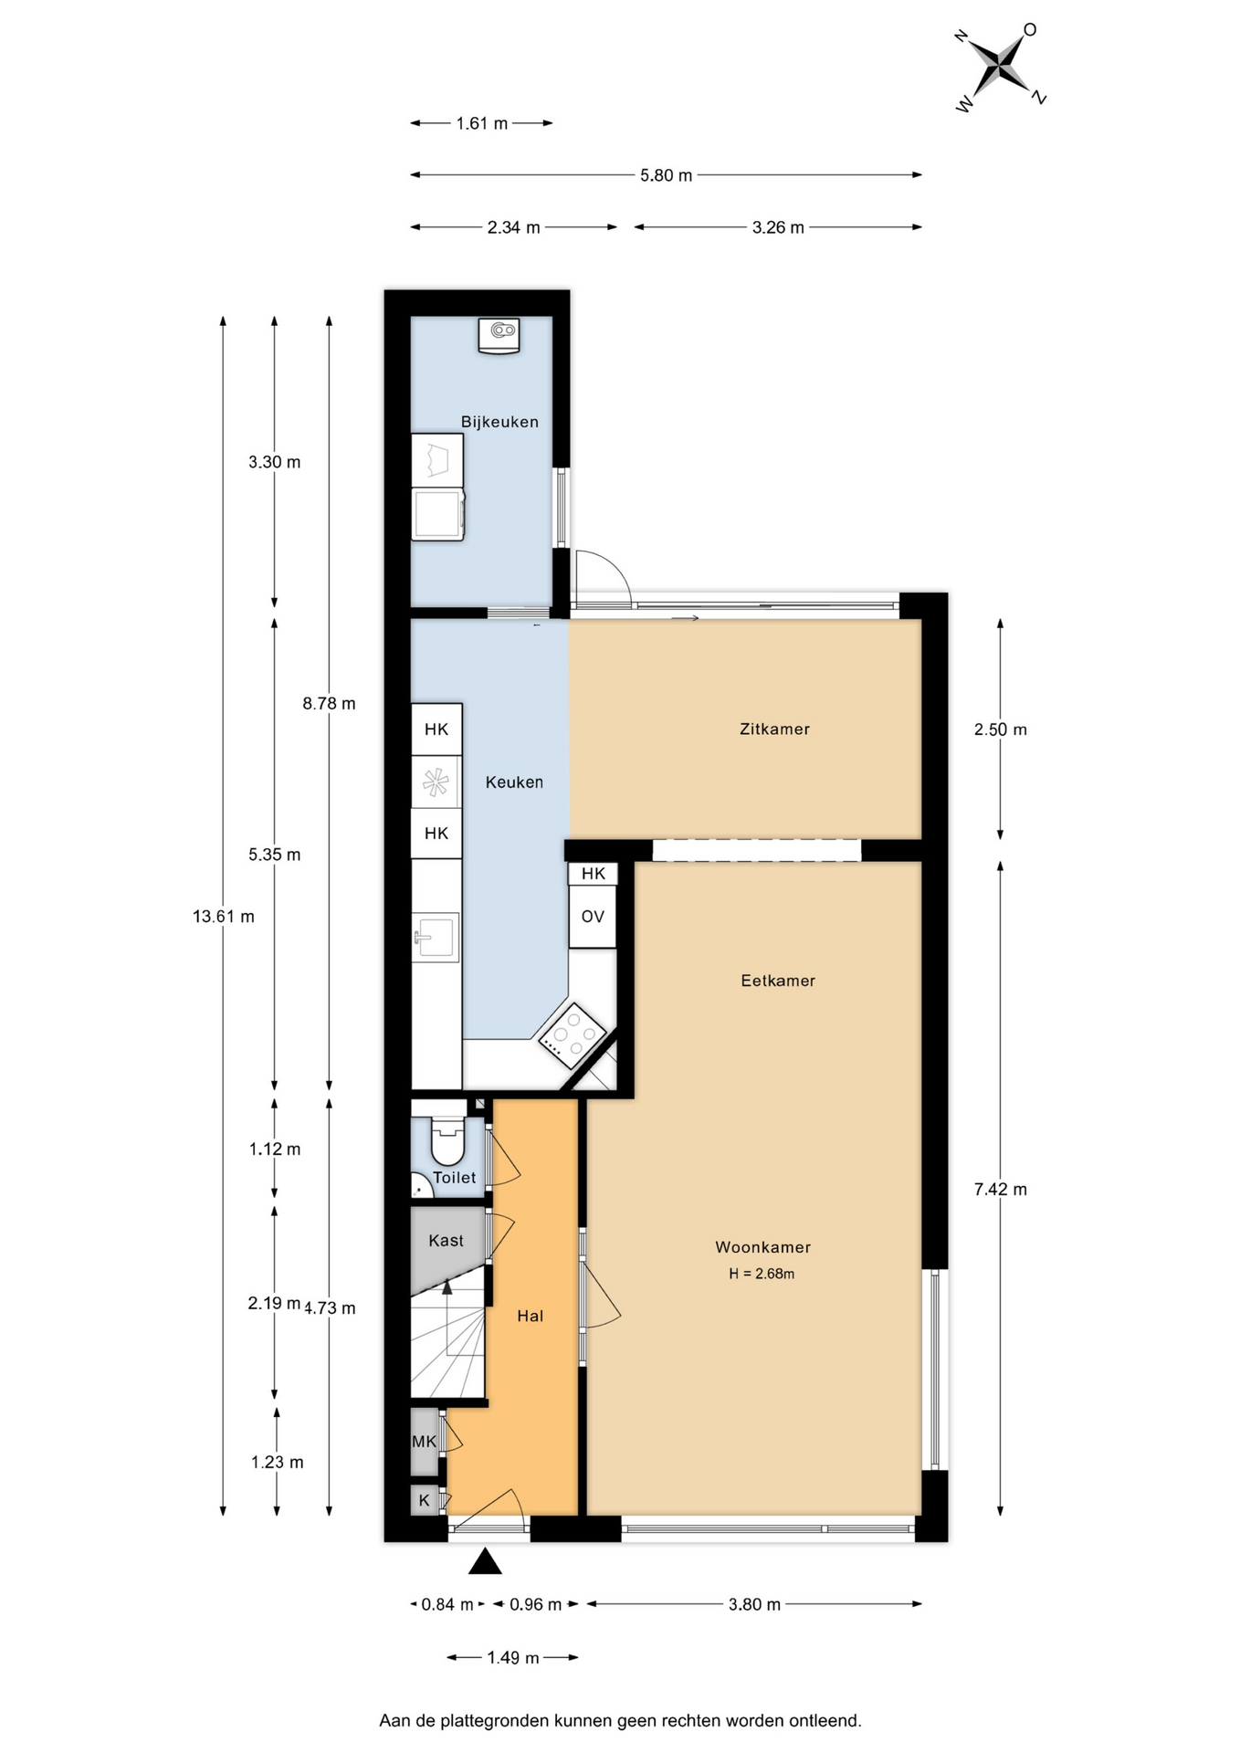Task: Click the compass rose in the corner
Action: click(1002, 67)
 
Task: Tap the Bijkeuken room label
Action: click(499, 422)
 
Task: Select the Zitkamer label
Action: click(774, 729)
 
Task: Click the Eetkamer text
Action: click(778, 981)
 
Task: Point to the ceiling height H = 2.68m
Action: click(762, 1274)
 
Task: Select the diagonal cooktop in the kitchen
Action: click(573, 1036)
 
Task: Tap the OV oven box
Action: click(593, 917)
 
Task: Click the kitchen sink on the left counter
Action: click(436, 937)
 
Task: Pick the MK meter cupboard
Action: click(425, 1442)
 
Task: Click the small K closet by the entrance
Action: click(425, 1500)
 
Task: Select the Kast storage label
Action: click(446, 1241)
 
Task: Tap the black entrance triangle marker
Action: click(485, 1562)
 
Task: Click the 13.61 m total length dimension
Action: click(224, 917)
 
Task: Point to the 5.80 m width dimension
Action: click(666, 175)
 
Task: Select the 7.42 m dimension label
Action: click(1001, 1190)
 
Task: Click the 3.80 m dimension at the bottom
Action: click(754, 1605)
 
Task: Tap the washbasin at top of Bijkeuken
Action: click(499, 335)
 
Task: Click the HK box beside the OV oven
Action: click(593, 874)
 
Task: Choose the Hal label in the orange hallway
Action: click(530, 1316)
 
